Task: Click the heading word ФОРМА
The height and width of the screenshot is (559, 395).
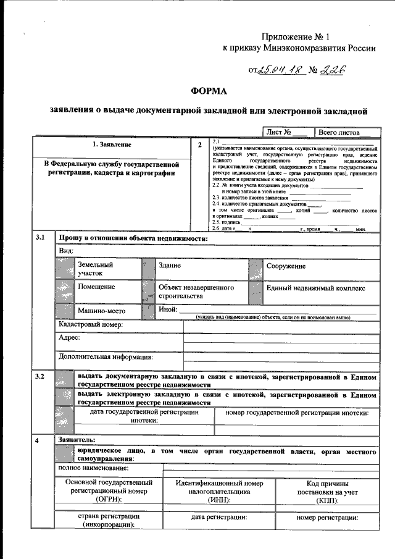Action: (209, 91)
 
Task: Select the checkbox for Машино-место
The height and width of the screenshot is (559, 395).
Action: (64, 311)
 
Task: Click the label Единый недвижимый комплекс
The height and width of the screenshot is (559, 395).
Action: (315, 288)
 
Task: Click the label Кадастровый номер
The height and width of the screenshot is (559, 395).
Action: (91, 325)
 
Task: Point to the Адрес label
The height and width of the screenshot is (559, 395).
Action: (69, 338)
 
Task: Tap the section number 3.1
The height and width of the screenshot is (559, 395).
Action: (41, 238)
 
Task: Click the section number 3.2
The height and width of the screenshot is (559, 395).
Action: (41, 376)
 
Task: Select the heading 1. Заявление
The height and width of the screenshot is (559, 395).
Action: (112, 145)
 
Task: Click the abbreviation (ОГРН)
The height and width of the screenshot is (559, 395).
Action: (109, 499)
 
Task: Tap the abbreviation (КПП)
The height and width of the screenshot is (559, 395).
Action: (327, 499)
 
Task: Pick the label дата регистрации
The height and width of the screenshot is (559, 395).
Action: (219, 517)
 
